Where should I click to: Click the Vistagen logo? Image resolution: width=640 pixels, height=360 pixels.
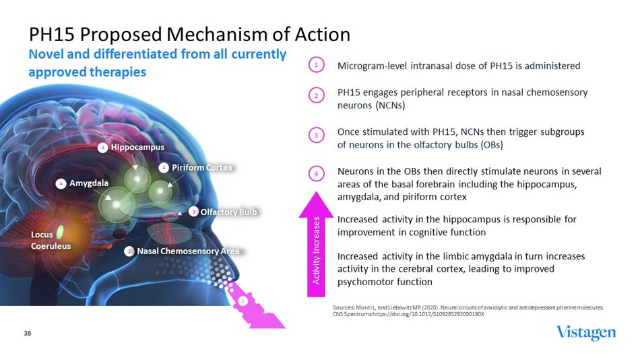[x=585, y=333]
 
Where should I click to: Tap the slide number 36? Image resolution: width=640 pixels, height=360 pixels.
[x=28, y=333]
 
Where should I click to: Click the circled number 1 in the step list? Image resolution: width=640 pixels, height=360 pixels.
[x=317, y=65]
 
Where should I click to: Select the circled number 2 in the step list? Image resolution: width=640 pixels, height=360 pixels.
[x=317, y=95]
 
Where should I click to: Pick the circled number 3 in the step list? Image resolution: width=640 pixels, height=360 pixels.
[x=317, y=135]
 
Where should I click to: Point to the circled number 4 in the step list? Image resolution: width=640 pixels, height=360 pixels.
[x=317, y=173]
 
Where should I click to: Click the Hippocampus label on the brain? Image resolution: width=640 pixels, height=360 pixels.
[x=137, y=146]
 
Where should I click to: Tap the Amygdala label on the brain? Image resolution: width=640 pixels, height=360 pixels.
[x=89, y=183]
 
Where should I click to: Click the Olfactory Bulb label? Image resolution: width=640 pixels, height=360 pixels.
[x=229, y=212]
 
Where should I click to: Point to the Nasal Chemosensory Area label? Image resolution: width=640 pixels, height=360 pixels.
[x=188, y=251]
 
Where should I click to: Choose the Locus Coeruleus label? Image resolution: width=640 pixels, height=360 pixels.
[x=51, y=240]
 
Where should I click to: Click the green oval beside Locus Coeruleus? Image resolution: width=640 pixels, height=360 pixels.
[x=60, y=232]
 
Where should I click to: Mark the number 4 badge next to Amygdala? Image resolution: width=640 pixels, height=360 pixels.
[x=61, y=183]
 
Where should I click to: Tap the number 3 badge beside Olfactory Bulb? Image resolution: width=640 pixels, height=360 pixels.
[x=193, y=212]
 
